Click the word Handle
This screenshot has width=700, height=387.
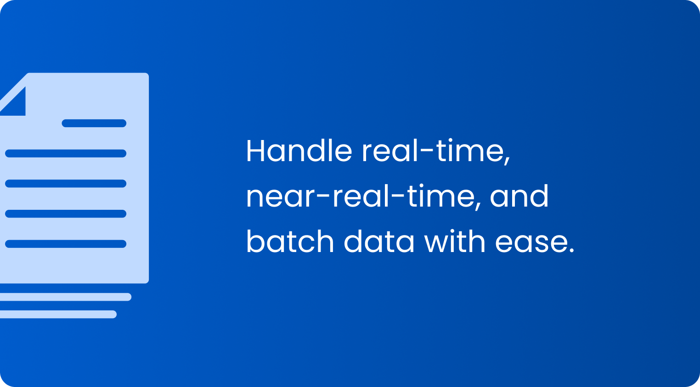[299, 151]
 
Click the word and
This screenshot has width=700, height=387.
[519, 196]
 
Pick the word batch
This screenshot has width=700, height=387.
[290, 241]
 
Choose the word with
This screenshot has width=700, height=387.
[455, 241]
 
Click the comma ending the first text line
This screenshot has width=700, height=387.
[508, 160]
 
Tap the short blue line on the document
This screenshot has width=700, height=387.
[94, 123]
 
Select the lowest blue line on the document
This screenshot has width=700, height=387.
[66, 244]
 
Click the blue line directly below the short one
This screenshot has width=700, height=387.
[66, 153]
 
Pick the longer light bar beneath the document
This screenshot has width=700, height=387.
[66, 297]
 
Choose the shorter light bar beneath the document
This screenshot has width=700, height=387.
[58, 314]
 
